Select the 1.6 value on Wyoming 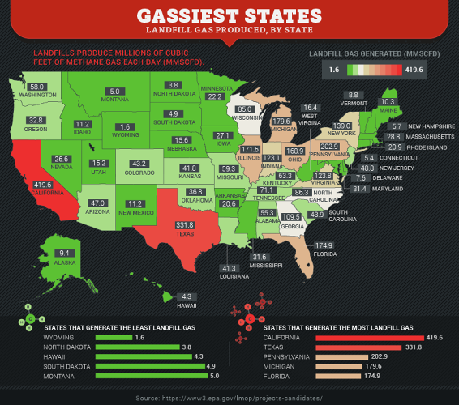click(123, 127)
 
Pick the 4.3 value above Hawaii click(186, 296)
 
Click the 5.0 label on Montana click(115, 92)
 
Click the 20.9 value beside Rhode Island click(394, 147)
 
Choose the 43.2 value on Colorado click(139, 164)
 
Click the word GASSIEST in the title click(187, 15)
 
